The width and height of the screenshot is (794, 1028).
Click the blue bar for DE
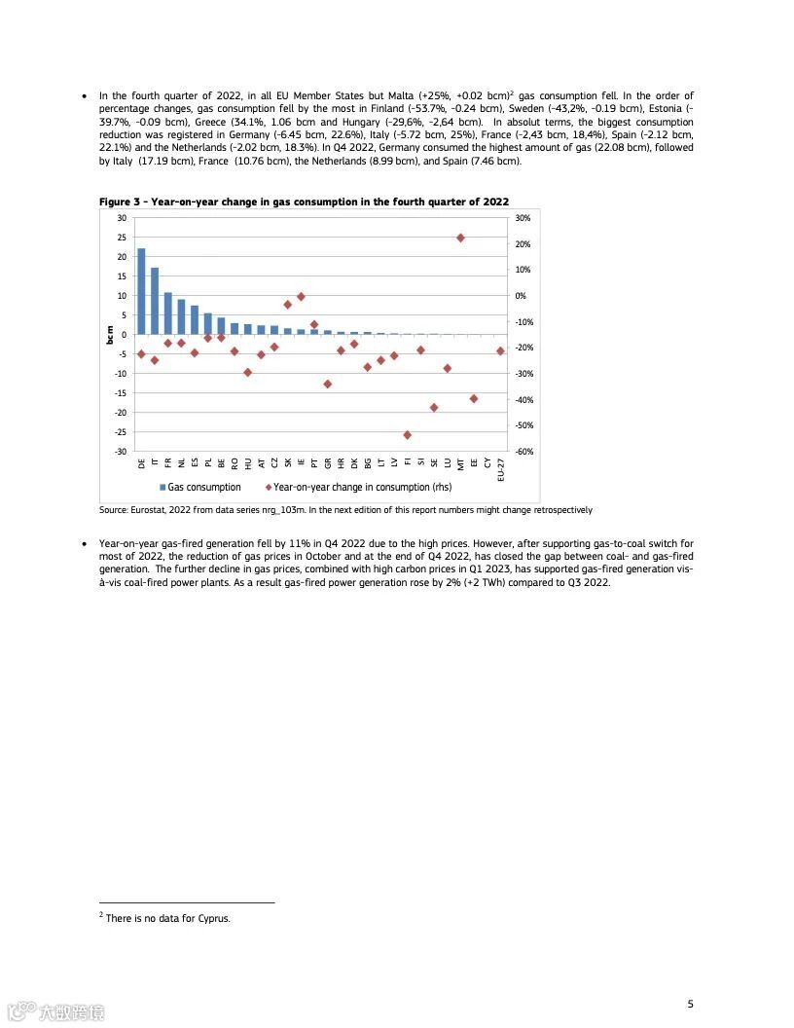pos(141,291)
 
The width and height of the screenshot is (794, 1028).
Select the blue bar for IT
pos(155,301)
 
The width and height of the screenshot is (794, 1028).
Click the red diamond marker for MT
pos(460,238)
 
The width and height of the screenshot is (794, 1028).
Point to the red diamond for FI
pos(407,435)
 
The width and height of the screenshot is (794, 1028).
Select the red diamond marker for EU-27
pos(500,350)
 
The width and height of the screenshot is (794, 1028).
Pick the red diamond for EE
pos(474,398)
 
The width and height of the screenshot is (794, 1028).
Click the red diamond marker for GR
pos(327,384)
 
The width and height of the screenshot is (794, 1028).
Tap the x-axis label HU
pos(248,463)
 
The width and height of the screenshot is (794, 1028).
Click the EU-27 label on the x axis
pos(501,469)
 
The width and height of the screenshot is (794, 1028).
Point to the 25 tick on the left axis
pos(122,238)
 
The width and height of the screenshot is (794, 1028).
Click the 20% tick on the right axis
pos(521,244)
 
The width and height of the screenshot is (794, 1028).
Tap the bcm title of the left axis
pos(110,335)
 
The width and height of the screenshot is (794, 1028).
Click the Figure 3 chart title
pos(304,202)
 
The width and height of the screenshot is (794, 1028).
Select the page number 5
pos(690,1004)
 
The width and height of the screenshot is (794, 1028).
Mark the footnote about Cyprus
pos(167,918)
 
